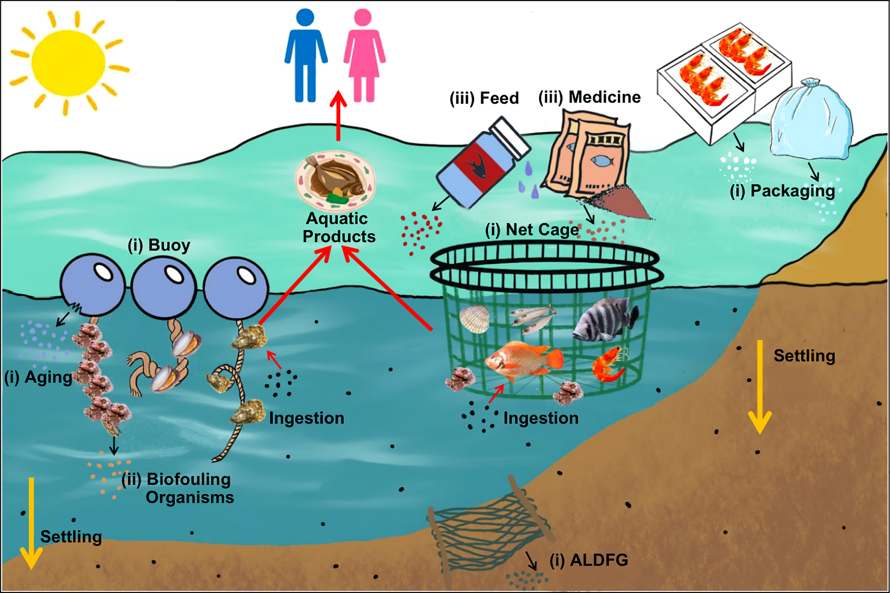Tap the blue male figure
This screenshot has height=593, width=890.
tap(306, 57)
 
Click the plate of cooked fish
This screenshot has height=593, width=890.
tap(335, 181)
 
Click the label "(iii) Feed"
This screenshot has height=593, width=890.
tap(484, 98)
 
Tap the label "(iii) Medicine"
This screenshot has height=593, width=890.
tap(590, 97)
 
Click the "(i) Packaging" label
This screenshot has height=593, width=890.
tap(782, 191)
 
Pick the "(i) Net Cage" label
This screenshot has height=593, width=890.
tap(532, 229)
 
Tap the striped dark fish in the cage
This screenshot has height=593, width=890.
tap(606, 318)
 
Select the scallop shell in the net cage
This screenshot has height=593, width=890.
tap(474, 319)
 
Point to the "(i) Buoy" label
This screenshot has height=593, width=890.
tap(159, 245)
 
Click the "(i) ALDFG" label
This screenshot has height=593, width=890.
tap(589, 560)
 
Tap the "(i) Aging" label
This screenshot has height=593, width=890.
tap(38, 377)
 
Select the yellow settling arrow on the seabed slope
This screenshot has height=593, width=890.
tap(759, 386)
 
